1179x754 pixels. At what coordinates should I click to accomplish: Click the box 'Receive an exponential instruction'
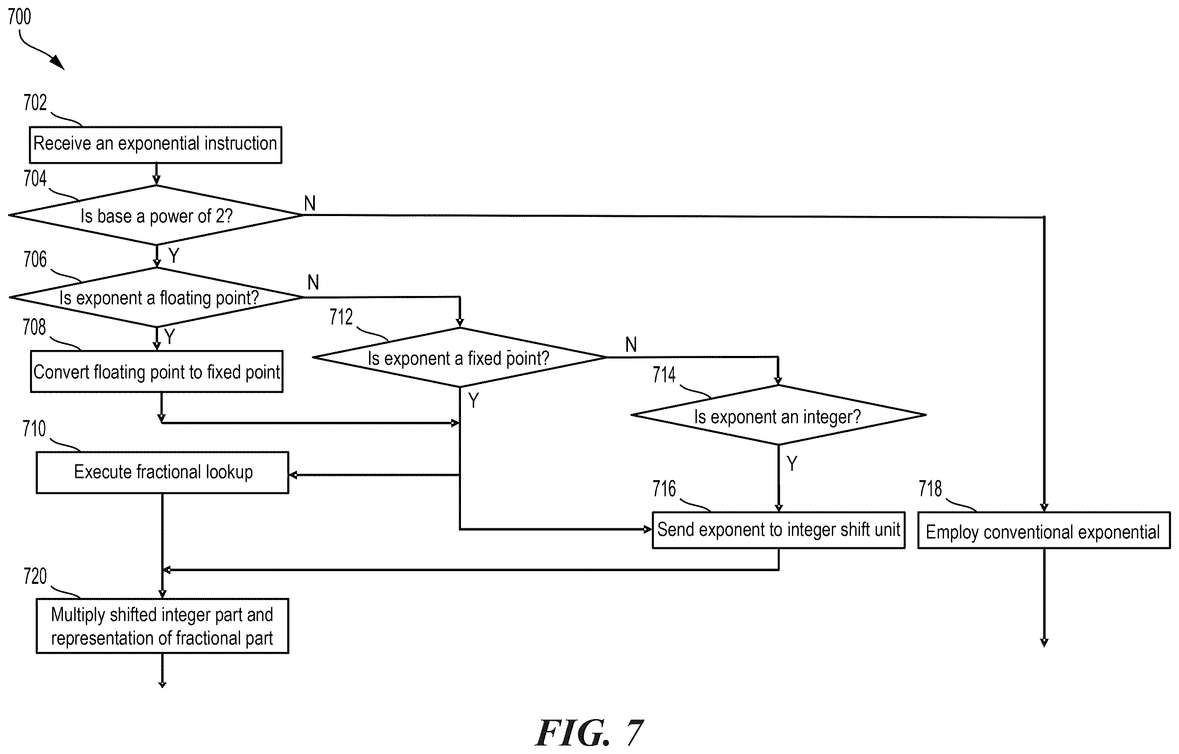pos(156,145)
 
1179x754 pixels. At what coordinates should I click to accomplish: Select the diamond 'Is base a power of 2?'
pos(156,215)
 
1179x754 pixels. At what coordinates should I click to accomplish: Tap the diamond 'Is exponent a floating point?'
pos(157,297)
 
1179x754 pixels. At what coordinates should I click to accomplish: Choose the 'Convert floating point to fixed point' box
pos(157,371)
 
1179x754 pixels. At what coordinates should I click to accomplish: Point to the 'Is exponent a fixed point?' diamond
pos(459,358)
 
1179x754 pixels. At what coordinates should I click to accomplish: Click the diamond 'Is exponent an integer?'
pos(778,415)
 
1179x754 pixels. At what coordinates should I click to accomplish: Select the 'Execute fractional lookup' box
pos(163,472)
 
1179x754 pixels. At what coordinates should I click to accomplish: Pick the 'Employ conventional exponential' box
pos(1044,531)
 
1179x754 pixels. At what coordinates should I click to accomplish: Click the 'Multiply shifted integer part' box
pos(163,626)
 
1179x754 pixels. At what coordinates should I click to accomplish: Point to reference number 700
pos(20,17)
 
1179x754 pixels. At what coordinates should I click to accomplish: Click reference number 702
pos(35,103)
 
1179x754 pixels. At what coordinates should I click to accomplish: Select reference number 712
pos(341,317)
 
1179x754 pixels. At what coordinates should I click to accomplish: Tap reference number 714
pos(664,375)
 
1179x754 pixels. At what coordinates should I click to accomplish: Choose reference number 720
pos(35,577)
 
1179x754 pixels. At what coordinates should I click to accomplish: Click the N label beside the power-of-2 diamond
pos(310,203)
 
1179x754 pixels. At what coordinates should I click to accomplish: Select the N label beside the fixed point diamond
pos(631,345)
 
